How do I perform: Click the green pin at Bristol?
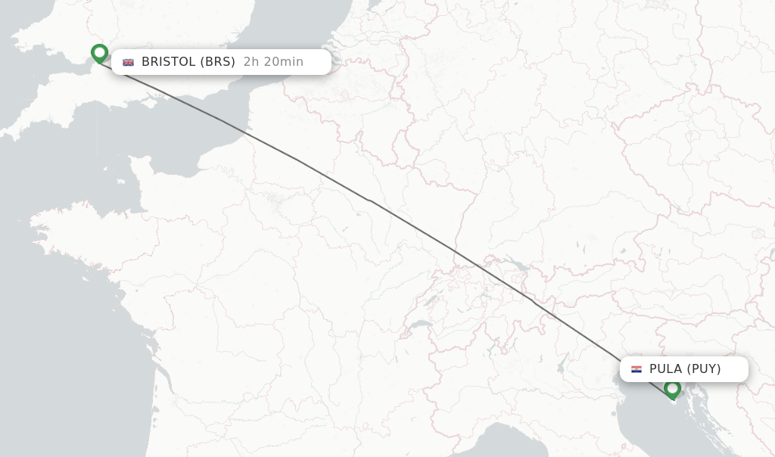99,53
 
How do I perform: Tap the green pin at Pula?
672,389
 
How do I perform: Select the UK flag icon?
129,62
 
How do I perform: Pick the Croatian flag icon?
636,369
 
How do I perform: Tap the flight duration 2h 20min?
273,62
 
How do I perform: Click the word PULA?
665,369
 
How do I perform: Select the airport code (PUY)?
704,369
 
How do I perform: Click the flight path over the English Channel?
219,119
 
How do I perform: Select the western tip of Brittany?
32,225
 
